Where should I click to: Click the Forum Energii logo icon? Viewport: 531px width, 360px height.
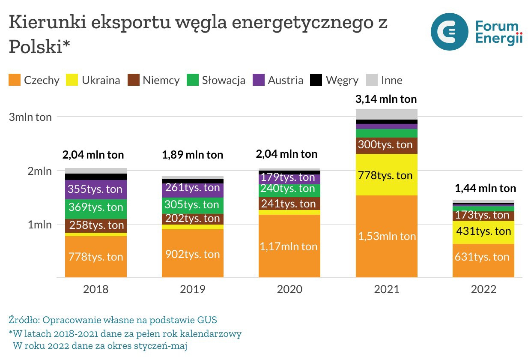[450, 32]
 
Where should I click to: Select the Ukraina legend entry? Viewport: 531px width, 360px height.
[93, 80]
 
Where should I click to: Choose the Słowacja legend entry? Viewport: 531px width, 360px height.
[216, 80]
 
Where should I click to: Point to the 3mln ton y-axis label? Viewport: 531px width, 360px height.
[30, 117]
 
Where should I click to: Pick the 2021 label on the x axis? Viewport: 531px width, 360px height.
[386, 289]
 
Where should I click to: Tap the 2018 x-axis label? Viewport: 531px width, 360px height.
[96, 289]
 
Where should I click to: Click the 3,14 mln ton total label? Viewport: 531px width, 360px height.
[386, 99]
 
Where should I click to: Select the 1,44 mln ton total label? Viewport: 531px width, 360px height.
[485, 188]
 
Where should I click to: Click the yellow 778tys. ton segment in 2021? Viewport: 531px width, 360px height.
[386, 175]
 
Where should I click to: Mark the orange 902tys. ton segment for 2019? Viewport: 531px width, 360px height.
[193, 254]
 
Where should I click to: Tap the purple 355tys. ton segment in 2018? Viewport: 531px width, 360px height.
[96, 189]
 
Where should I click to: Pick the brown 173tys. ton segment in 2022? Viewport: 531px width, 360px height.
[483, 216]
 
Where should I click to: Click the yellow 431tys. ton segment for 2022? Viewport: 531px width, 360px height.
[483, 232]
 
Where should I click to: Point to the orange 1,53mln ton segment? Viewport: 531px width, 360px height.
[386, 237]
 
